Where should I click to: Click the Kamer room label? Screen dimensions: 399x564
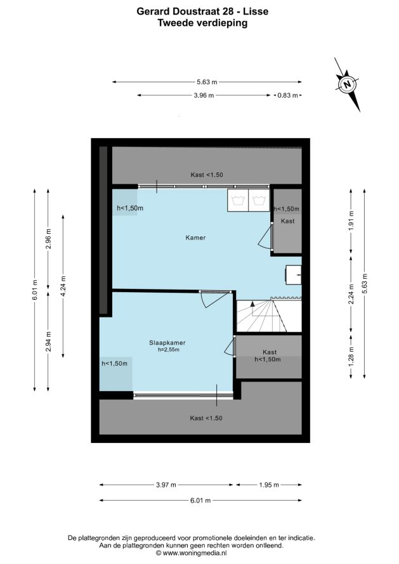pos(195,238)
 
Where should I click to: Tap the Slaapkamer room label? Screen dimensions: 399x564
pos(167,343)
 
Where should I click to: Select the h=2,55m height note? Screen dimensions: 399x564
pos(169,350)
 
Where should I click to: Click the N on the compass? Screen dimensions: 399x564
pos(347,85)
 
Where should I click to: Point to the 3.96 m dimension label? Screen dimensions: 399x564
pos(204,95)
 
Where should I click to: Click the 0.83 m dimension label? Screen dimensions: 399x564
pos(287,95)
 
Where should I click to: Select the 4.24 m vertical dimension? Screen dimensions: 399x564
pos(63,286)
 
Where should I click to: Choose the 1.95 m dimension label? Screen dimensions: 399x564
pos(269,485)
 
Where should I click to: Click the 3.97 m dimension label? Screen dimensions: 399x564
pos(166,485)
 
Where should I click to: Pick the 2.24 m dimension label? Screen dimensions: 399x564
pos(351,294)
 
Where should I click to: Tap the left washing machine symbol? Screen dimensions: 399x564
pos(238,200)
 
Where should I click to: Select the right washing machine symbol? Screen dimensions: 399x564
pos(259,200)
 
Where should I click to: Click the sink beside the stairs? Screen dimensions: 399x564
pos(294,275)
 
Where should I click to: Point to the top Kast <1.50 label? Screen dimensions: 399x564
pos(207,175)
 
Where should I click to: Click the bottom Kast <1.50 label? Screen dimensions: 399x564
pos(206,418)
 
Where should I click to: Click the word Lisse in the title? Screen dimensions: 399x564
pos(256,11)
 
